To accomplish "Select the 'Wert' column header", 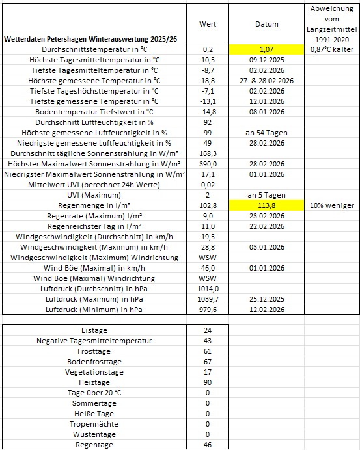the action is (208, 23).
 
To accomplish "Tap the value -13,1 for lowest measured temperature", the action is (208, 101).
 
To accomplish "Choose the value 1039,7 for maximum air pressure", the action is (208, 299).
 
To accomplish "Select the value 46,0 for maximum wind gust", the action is (208, 268).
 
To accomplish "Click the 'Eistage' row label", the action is (94, 330).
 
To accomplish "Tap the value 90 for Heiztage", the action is (208, 382).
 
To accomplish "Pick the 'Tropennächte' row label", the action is (94, 424).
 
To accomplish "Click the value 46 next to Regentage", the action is (208, 445).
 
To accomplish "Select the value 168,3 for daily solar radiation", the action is (208, 153).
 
